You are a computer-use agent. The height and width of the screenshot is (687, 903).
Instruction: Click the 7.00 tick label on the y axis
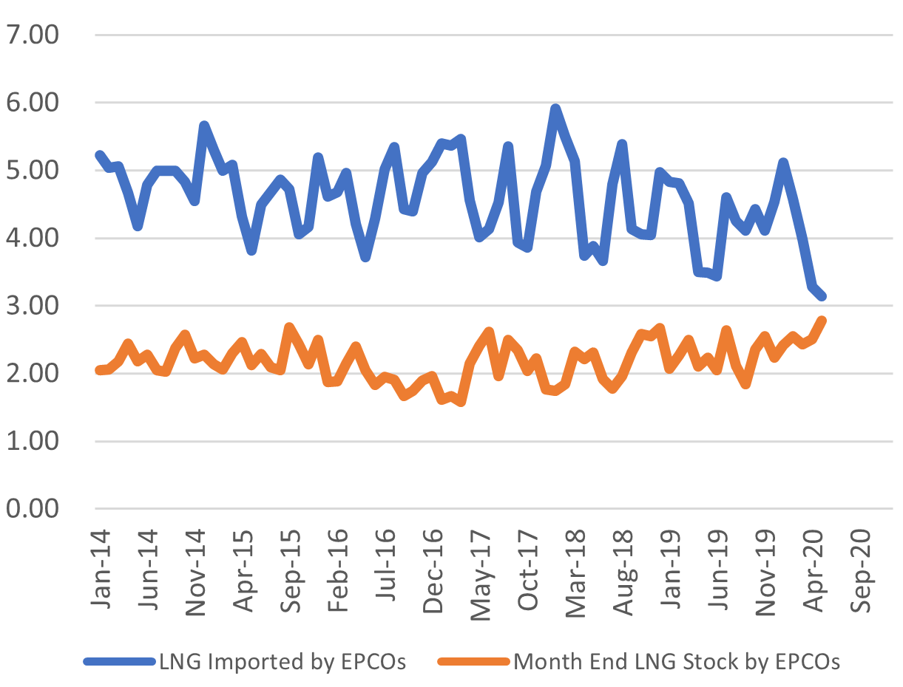click(x=34, y=35)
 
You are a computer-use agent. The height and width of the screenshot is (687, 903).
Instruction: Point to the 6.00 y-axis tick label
click(x=34, y=103)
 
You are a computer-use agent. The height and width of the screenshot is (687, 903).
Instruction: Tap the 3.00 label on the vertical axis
click(x=34, y=307)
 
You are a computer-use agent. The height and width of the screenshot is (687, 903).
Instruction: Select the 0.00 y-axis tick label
click(x=34, y=510)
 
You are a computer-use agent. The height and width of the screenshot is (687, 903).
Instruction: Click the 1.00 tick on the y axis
click(x=34, y=442)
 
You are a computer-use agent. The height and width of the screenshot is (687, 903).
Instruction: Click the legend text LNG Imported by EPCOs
click(x=283, y=661)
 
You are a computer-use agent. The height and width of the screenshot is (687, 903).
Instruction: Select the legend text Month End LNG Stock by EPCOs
click(x=677, y=661)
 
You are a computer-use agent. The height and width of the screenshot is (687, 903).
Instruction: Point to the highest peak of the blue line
click(x=555, y=109)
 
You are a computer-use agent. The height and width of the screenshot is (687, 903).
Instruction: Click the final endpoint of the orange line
click(x=822, y=320)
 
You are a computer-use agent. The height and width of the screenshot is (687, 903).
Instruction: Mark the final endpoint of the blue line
click(x=822, y=296)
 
